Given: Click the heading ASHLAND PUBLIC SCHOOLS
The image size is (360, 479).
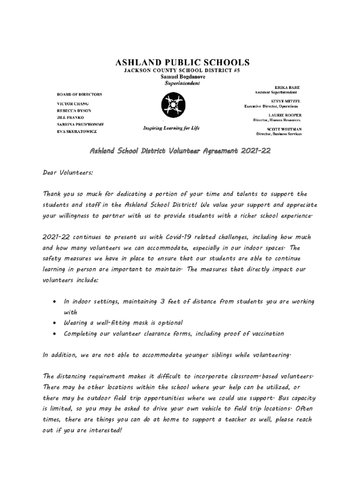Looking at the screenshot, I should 182,62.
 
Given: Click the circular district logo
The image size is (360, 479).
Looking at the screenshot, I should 173,106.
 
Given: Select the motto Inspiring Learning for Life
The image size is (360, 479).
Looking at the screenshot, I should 168,128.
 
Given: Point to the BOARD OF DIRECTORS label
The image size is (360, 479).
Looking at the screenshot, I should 79,94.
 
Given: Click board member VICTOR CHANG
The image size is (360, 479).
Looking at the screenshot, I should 73,103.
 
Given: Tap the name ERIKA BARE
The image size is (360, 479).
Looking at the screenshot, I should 287,87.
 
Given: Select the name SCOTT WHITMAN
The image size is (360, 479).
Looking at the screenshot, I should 284,129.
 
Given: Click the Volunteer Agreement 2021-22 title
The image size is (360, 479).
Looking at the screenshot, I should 180,151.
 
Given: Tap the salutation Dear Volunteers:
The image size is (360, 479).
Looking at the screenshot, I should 68,172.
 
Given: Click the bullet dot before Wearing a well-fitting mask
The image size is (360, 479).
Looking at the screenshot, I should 55,323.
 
